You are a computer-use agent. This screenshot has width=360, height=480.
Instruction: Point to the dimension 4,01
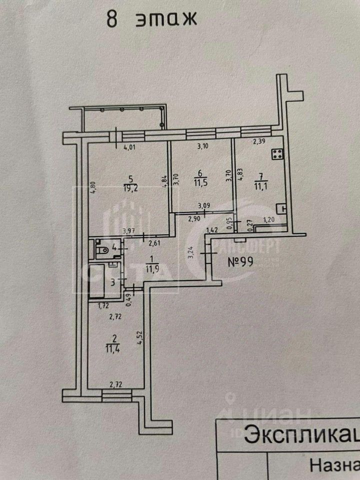pos(130,147)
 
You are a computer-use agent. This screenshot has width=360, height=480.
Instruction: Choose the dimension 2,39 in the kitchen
pos(259,142)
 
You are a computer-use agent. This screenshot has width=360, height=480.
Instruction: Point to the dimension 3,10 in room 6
pos(202,146)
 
